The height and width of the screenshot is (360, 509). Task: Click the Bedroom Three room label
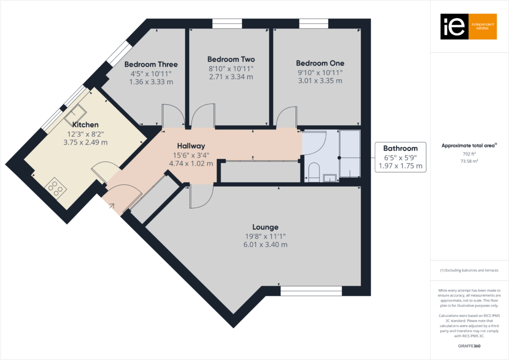click(150, 64)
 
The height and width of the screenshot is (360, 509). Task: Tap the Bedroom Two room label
click(230, 59)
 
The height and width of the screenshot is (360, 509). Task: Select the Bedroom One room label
click(320, 63)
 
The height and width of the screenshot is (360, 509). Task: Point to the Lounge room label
click(265, 227)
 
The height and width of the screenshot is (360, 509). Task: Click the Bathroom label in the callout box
click(400, 148)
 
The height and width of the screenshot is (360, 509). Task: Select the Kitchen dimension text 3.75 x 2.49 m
click(85, 142)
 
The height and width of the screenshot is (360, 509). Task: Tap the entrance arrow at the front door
click(110, 205)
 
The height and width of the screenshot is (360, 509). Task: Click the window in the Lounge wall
click(311, 290)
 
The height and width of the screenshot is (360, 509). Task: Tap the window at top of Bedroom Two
click(227, 23)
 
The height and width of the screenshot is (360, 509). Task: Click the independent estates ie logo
click(468, 26)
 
